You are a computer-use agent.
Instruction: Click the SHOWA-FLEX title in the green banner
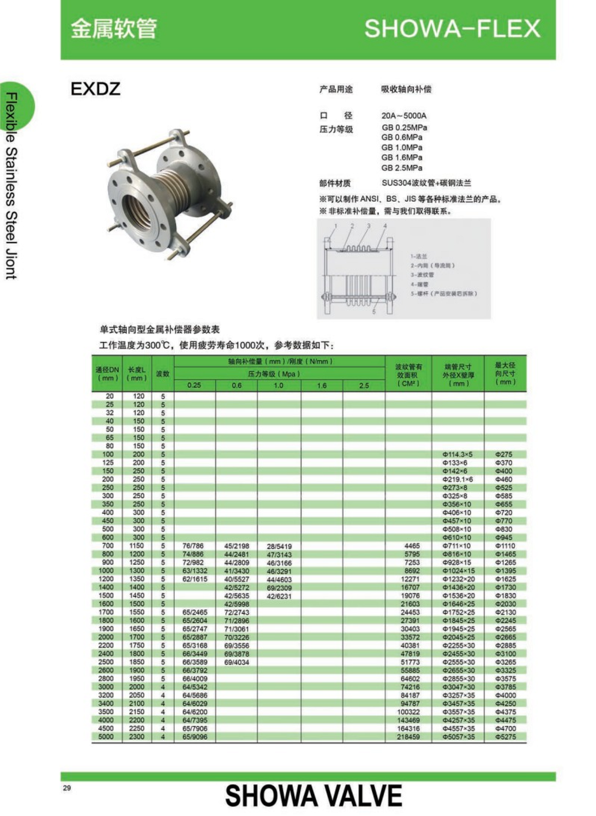pos(452,28)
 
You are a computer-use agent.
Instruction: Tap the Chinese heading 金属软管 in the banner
pos(114,28)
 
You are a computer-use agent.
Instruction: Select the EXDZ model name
pos(96,89)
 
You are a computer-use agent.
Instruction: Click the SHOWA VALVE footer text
pos(313,796)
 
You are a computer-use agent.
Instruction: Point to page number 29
pos(67,788)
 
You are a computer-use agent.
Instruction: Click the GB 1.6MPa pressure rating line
pos(402,157)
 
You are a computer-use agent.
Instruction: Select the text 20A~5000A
pos(404,116)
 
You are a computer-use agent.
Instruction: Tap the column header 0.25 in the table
pos(194,385)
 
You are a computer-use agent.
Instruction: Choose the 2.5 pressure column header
pos(364,385)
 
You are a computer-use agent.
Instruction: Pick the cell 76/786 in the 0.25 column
pos(193,546)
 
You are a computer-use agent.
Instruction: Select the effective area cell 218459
pos(408,737)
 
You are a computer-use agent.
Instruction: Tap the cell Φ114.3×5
pos(457,454)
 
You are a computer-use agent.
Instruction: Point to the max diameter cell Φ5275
pos(505,737)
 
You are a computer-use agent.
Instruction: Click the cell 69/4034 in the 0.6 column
pos(236,662)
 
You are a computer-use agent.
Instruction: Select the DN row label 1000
pos(106,571)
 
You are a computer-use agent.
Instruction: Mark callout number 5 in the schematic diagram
pos(374,312)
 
